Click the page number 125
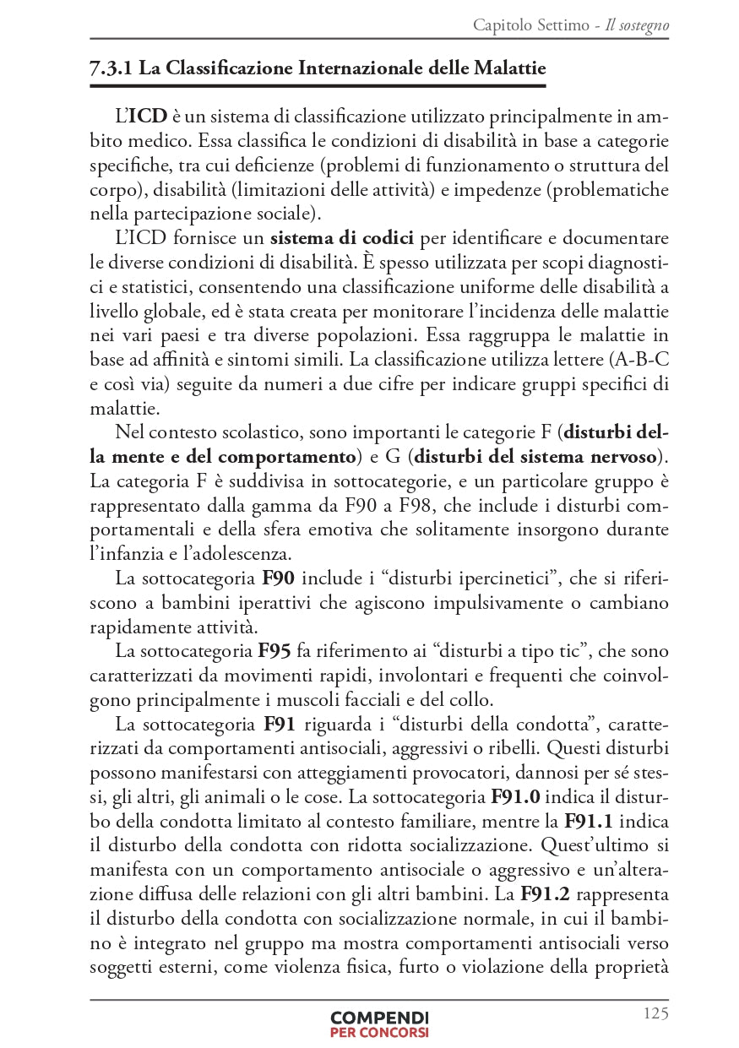[655, 1013]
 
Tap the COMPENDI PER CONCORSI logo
[379, 1024]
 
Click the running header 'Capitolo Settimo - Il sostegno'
[571, 25]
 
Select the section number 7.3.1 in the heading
[111, 68]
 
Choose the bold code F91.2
[548, 893]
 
